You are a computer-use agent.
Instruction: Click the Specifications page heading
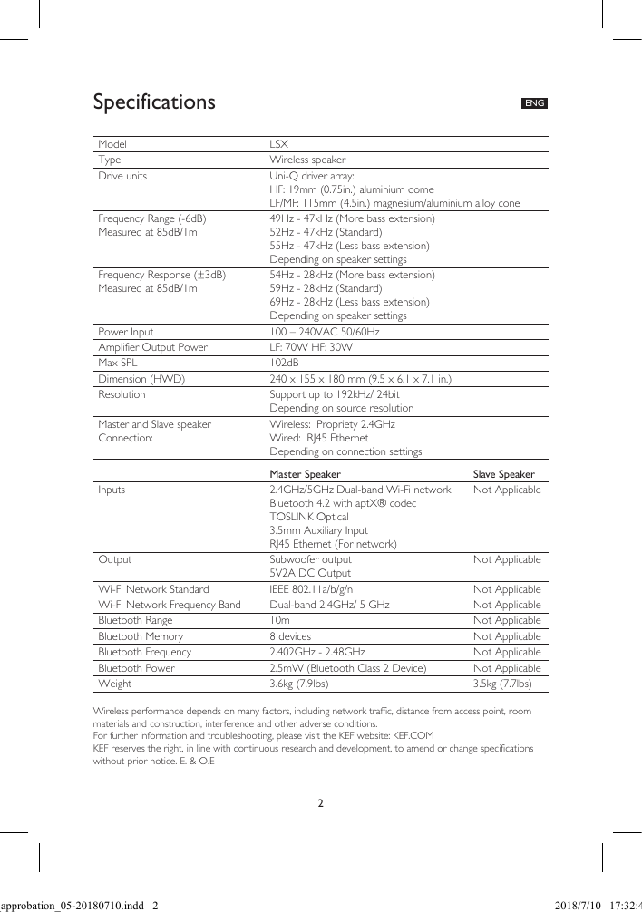coord(154,102)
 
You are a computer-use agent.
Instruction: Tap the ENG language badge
coord(534,103)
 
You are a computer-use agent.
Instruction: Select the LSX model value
coord(278,144)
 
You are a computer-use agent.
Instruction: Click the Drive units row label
coord(122,176)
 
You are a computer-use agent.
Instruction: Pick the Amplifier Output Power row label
coord(152,347)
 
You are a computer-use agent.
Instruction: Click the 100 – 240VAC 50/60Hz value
coord(325,332)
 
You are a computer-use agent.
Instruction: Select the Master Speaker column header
coord(306,474)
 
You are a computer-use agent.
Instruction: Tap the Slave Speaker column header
coord(503,474)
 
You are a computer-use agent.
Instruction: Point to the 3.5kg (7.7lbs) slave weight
coord(502,684)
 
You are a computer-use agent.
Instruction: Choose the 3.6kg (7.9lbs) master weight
coord(299,684)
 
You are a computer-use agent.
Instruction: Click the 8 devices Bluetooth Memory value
coord(290,636)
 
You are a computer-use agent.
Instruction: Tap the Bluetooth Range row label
coord(135,620)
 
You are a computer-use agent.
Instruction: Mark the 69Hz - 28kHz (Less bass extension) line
coord(349,302)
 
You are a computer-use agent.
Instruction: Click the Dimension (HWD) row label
coord(141,379)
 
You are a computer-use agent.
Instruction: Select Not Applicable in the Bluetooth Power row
coord(507,668)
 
